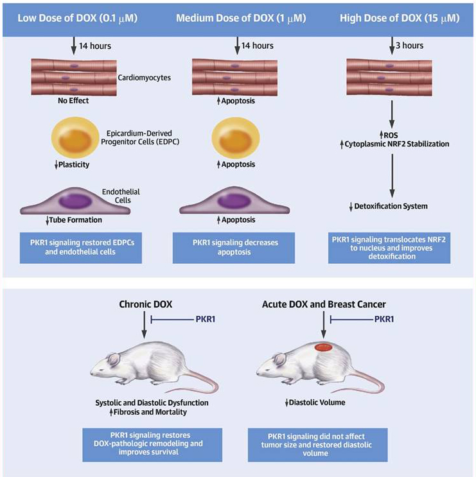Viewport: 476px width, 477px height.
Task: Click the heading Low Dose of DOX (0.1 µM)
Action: (x=78, y=19)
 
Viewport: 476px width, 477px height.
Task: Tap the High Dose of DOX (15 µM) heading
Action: (x=400, y=19)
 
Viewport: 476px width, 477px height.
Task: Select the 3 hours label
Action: (x=409, y=46)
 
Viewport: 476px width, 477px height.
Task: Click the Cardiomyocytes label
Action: (x=145, y=78)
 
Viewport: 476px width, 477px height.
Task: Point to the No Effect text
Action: (x=73, y=101)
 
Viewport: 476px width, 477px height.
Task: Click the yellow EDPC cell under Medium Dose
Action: (x=236, y=138)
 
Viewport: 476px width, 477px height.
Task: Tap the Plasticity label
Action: (x=74, y=164)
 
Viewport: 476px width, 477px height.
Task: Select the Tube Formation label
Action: (x=76, y=220)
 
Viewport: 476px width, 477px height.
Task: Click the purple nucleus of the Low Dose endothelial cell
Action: (x=75, y=202)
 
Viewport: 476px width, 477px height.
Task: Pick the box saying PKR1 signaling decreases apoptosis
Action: (x=234, y=248)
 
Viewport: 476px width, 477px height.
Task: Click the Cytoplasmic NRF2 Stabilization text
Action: (x=397, y=144)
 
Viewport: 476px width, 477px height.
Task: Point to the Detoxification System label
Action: (x=391, y=206)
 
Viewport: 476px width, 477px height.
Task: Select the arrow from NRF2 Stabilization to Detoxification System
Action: (x=392, y=176)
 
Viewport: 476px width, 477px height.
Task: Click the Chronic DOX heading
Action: (x=145, y=304)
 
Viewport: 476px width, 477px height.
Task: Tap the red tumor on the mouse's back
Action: (x=323, y=347)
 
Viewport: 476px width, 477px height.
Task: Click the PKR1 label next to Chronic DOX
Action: (x=206, y=319)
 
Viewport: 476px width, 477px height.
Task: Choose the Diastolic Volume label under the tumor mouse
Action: (x=317, y=403)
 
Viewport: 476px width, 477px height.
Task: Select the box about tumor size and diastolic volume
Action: (x=318, y=445)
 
